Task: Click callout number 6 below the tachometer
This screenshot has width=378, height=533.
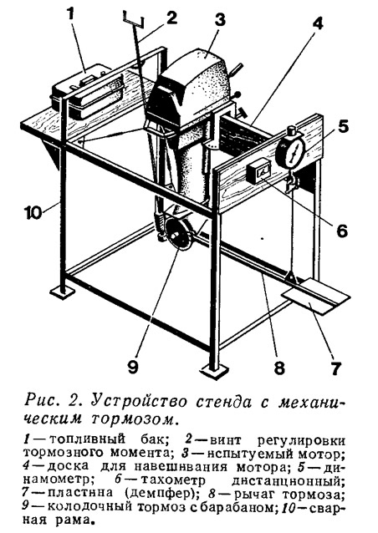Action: pyautogui.click(x=340, y=230)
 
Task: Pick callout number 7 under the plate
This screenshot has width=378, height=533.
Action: pyautogui.click(x=335, y=367)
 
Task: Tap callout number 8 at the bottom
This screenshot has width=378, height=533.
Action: pyautogui.click(x=278, y=367)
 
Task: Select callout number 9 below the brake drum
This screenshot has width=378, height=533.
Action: pyautogui.click(x=132, y=367)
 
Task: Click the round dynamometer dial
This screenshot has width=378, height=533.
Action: pyautogui.click(x=291, y=150)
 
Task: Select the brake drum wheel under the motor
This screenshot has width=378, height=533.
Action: pyautogui.click(x=177, y=236)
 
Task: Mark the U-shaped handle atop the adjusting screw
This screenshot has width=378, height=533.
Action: pyautogui.click(x=133, y=19)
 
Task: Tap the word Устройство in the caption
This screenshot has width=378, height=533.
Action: pyautogui.click(x=139, y=402)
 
